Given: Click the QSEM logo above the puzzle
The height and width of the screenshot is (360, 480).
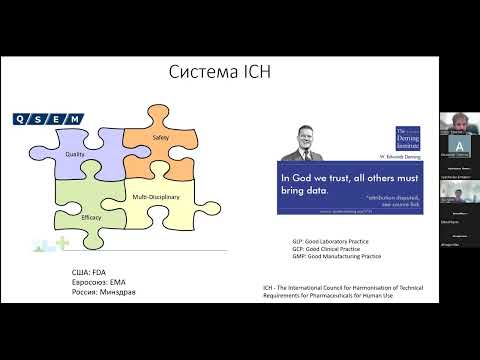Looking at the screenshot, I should [x=47, y=120].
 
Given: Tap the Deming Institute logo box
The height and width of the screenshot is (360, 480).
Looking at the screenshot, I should [x=409, y=139].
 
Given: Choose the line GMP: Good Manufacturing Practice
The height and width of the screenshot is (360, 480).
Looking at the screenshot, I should [x=330, y=257].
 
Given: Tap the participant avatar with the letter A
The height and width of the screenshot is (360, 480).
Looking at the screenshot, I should [x=458, y=143].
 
